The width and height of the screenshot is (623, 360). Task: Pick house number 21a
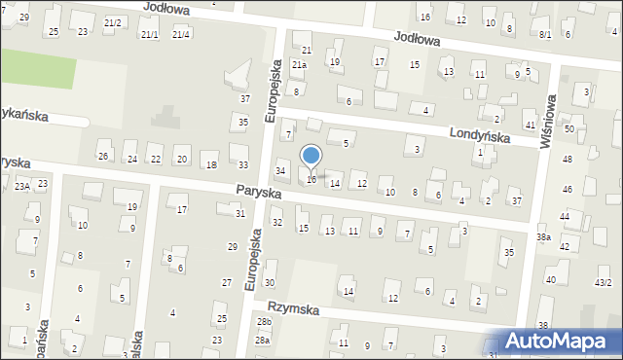(x=300, y=65)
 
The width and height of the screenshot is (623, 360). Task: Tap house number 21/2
(x=113, y=22)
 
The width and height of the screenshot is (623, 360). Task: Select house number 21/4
(x=181, y=35)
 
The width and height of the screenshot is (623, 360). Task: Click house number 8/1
(x=545, y=34)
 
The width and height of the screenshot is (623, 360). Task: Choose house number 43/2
(x=604, y=282)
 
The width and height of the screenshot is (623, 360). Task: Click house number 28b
(x=264, y=321)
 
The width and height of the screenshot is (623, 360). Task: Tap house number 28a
(x=262, y=341)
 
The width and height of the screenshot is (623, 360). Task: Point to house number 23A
(x=21, y=185)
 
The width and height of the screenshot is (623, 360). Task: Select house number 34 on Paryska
(x=280, y=171)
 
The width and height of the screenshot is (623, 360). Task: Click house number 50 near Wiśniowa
(x=569, y=128)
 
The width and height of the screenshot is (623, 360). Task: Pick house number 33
(x=243, y=165)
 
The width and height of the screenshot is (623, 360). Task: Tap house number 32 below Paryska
(x=276, y=223)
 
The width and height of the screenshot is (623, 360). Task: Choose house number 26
(x=103, y=157)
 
